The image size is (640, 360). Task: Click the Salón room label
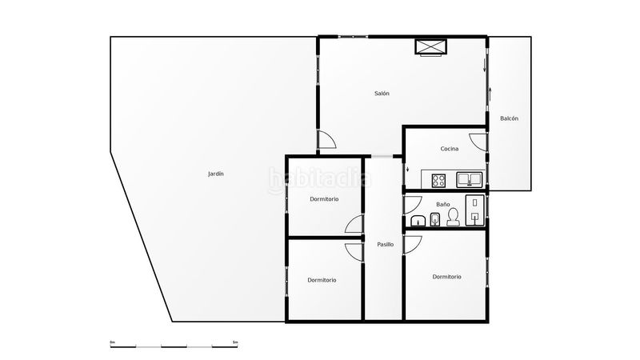pyautogui.click(x=382, y=94)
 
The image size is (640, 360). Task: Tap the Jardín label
pyautogui.click(x=215, y=174)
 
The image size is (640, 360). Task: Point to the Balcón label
pyautogui.click(x=509, y=118)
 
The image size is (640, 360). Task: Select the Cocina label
pyautogui.click(x=449, y=149)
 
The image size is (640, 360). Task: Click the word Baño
pyautogui.click(x=443, y=204)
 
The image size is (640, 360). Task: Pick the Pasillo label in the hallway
pyautogui.click(x=385, y=245)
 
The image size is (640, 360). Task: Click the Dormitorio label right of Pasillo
pyautogui.click(x=446, y=277)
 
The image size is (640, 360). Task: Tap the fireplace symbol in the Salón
pyautogui.click(x=431, y=47)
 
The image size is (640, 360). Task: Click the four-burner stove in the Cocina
pyautogui.click(x=438, y=180)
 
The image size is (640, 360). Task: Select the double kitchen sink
pyautogui.click(x=470, y=179)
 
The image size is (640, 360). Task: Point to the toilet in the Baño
pyautogui.click(x=453, y=217)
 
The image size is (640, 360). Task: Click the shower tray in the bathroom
pyautogui.click(x=474, y=210)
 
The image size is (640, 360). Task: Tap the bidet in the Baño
pyautogui.click(x=434, y=219)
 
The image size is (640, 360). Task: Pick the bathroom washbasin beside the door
pyautogui.click(x=418, y=221)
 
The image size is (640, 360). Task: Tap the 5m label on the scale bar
pyautogui.click(x=235, y=342)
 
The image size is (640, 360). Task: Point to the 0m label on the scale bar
pyautogui.click(x=112, y=342)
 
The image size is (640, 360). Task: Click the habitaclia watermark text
pyautogui.click(x=319, y=179)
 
